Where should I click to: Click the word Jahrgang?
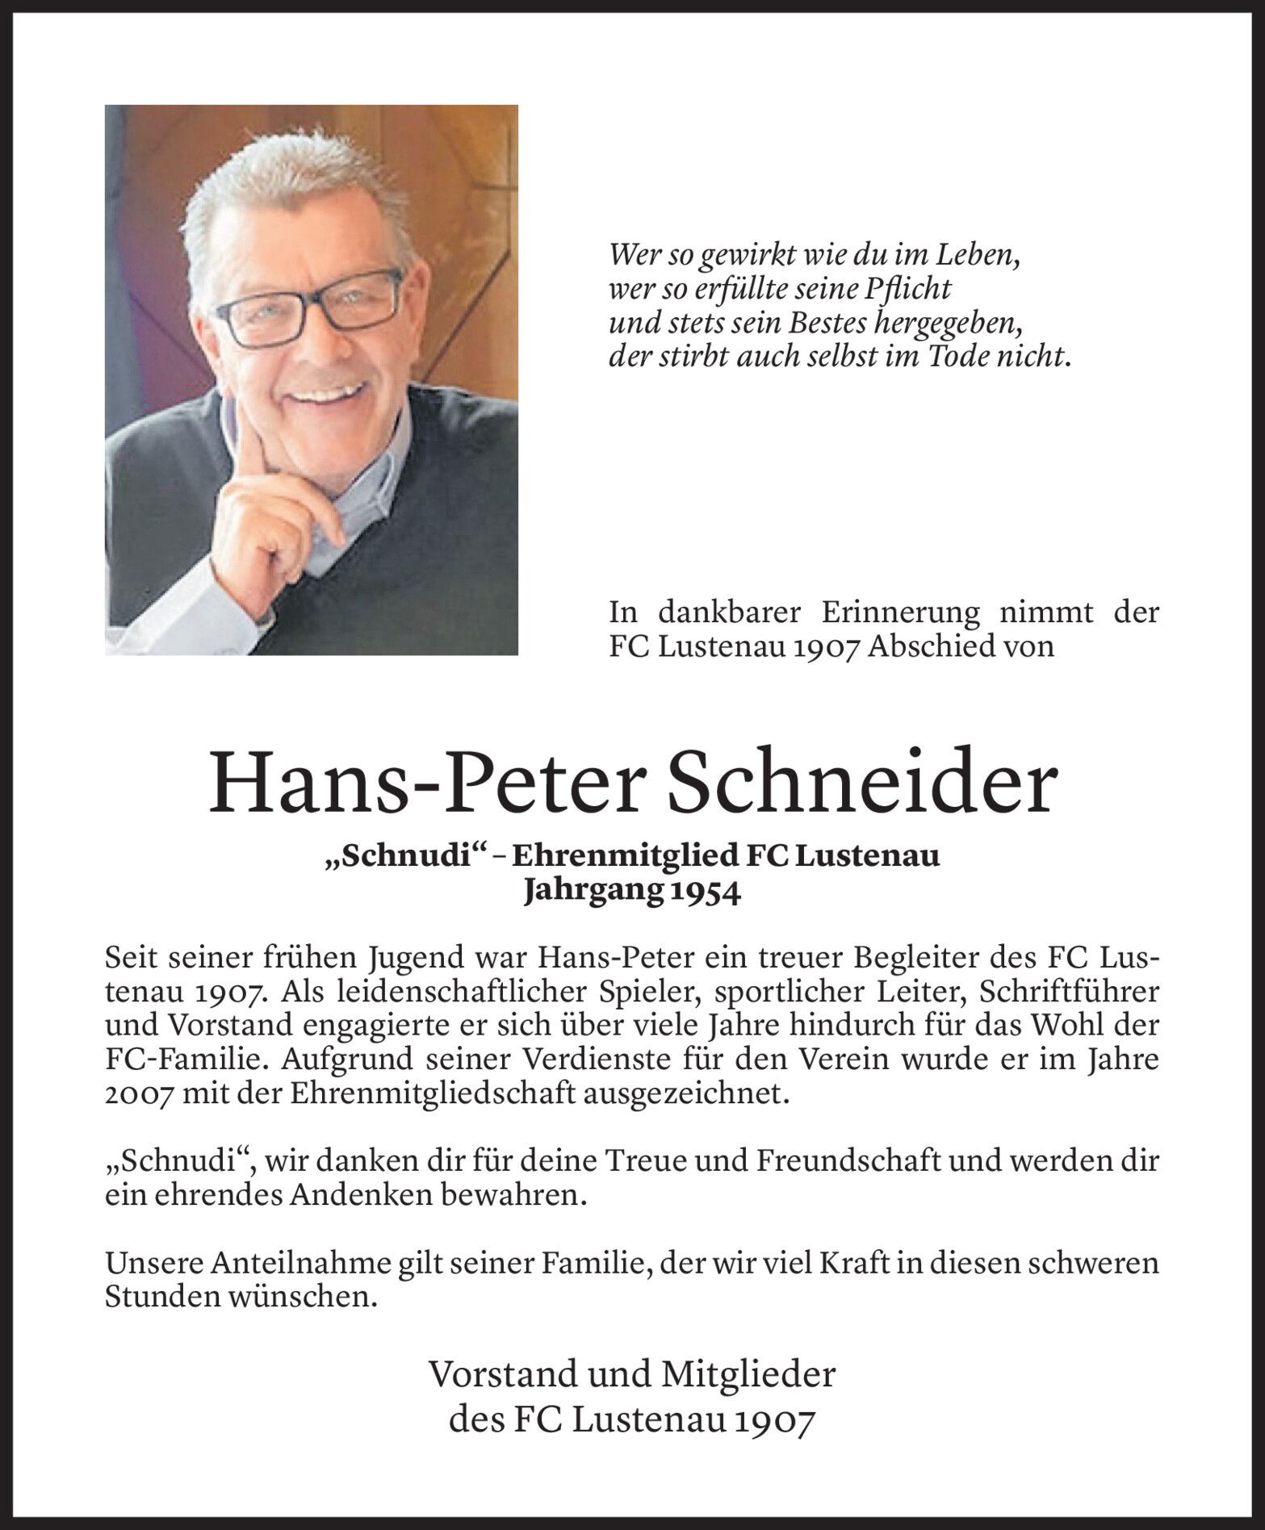click(x=590, y=894)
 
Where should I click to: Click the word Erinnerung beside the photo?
click(x=901, y=613)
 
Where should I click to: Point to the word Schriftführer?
click(x=1068, y=991)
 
